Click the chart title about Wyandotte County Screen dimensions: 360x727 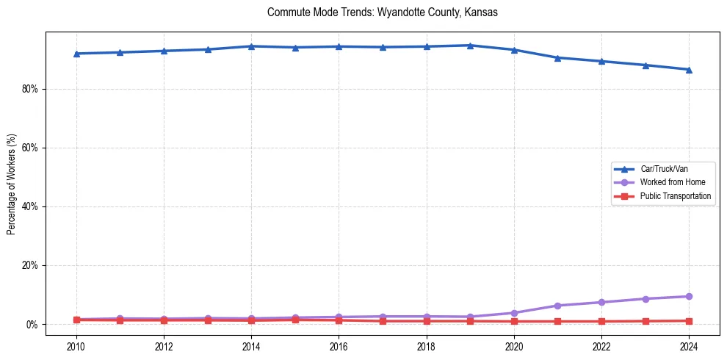[383, 12]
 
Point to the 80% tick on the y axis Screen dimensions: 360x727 [32, 89]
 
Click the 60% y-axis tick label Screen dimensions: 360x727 [32, 148]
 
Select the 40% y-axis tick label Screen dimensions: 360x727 [32, 206]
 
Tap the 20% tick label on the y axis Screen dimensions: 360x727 [32, 265]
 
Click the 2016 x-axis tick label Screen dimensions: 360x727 [339, 346]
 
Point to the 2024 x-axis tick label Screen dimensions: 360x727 [689, 346]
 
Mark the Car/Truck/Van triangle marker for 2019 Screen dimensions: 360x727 [470, 46]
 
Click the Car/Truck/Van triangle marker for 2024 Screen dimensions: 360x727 [689, 70]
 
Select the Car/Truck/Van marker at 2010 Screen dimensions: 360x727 [76, 54]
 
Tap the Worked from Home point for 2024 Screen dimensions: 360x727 [689, 296]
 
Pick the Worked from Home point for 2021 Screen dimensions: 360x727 [557, 306]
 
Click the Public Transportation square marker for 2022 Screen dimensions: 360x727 [601, 321]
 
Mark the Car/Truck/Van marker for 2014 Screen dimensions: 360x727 [251, 46]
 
